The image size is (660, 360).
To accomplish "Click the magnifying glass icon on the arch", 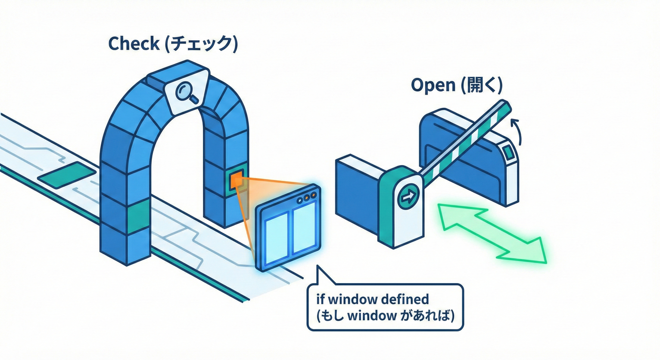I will tap(187, 93).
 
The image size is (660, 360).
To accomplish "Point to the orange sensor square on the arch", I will tap(236, 179).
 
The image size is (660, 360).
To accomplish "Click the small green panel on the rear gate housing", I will tap(508, 152).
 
